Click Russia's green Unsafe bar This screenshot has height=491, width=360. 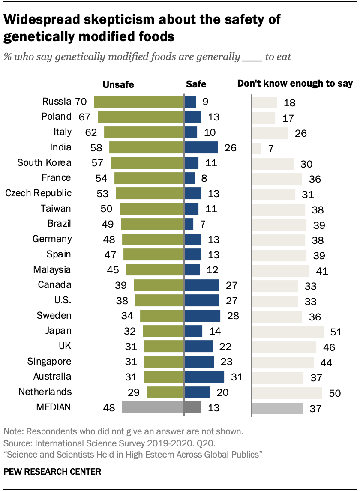click(138, 102)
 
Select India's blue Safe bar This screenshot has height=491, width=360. click(201, 148)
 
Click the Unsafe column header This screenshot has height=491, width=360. click(119, 85)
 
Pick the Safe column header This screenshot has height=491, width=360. click(196, 84)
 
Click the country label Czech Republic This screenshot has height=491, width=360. click(38, 193)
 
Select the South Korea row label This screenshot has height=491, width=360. click(44, 163)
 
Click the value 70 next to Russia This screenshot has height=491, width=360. click(81, 102)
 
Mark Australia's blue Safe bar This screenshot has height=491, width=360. click(204, 377)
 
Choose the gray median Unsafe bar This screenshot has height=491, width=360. click(153, 408)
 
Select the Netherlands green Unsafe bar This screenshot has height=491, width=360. click(165, 392)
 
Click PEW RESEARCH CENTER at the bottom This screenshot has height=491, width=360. click(52, 472)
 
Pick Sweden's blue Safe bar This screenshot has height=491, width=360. click(202, 316)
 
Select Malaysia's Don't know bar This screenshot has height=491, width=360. click(280, 271)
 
